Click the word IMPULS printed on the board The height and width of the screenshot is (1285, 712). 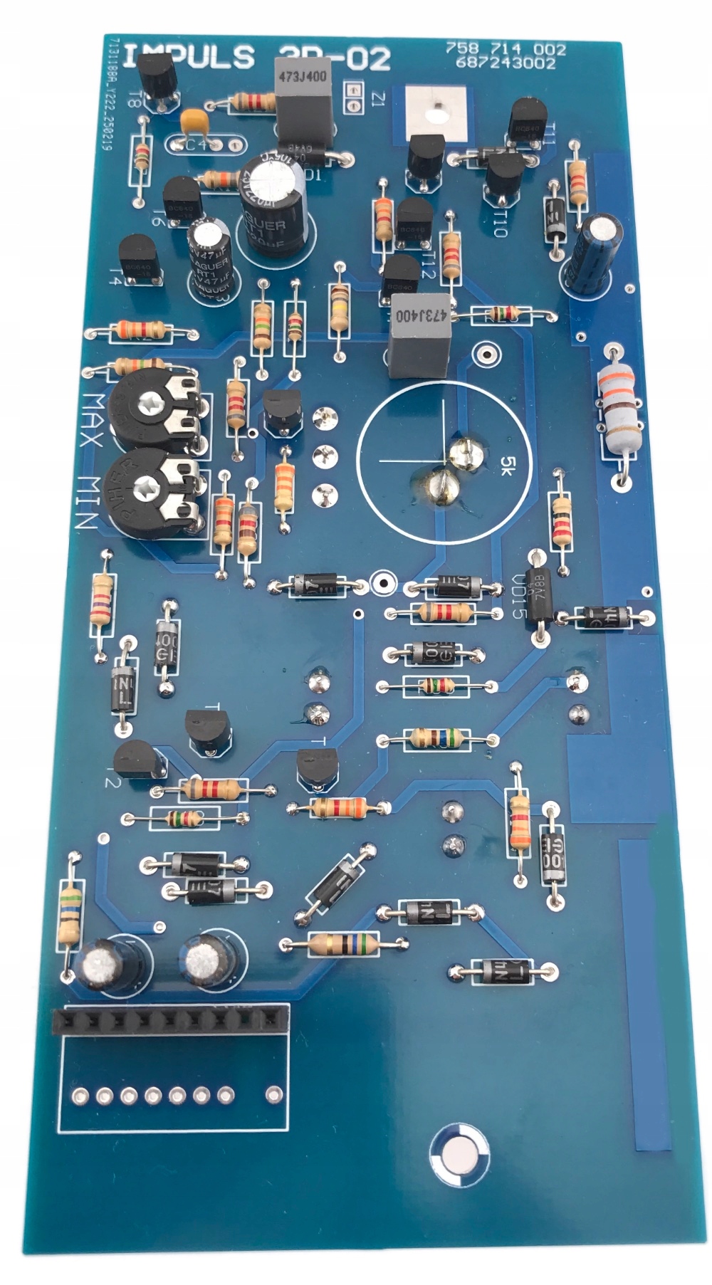[x=189, y=58]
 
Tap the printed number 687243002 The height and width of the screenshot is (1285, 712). [x=506, y=63]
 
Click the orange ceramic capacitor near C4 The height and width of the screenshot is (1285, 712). [x=194, y=122]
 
